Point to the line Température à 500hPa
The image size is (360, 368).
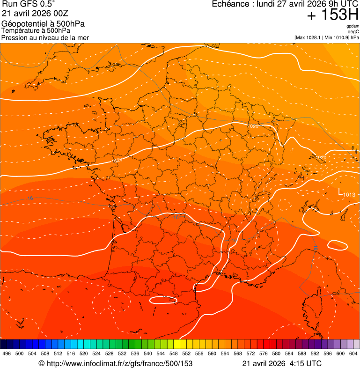pos(36,30)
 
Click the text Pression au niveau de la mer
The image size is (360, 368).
pos(45,37)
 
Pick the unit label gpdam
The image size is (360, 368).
pos(353,26)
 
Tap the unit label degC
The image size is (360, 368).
pos(353,31)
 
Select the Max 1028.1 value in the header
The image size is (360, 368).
pos(309,37)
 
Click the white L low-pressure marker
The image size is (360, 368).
pos(340,191)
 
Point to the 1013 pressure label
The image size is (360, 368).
pos(349,195)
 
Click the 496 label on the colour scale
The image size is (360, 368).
pos(7,353)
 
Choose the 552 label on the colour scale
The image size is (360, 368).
pos(186,353)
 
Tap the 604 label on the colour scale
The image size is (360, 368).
pos(353,353)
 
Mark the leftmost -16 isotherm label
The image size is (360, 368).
pos(30,199)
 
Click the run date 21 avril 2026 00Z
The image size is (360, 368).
pos(35,13)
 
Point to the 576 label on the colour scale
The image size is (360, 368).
pos(263,353)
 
